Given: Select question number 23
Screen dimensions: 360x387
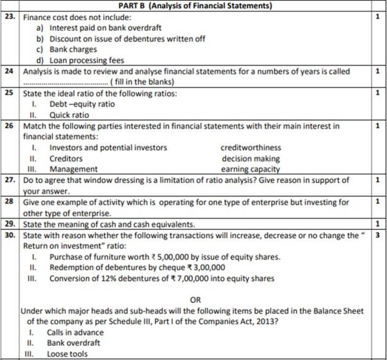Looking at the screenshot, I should click(10, 17).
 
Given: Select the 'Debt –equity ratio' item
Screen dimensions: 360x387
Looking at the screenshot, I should click(82, 104).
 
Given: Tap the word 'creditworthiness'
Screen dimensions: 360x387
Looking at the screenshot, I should click(251, 147).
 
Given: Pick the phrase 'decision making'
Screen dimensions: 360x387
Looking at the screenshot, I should click(250, 158).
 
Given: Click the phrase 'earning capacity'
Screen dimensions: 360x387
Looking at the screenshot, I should click(250, 169).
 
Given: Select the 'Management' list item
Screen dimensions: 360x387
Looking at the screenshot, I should click(73, 169).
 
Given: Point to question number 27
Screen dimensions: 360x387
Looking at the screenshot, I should click(10, 180).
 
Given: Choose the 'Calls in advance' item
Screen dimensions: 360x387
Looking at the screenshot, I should click(76, 332).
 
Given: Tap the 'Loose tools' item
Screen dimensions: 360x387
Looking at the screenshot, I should click(67, 354).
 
